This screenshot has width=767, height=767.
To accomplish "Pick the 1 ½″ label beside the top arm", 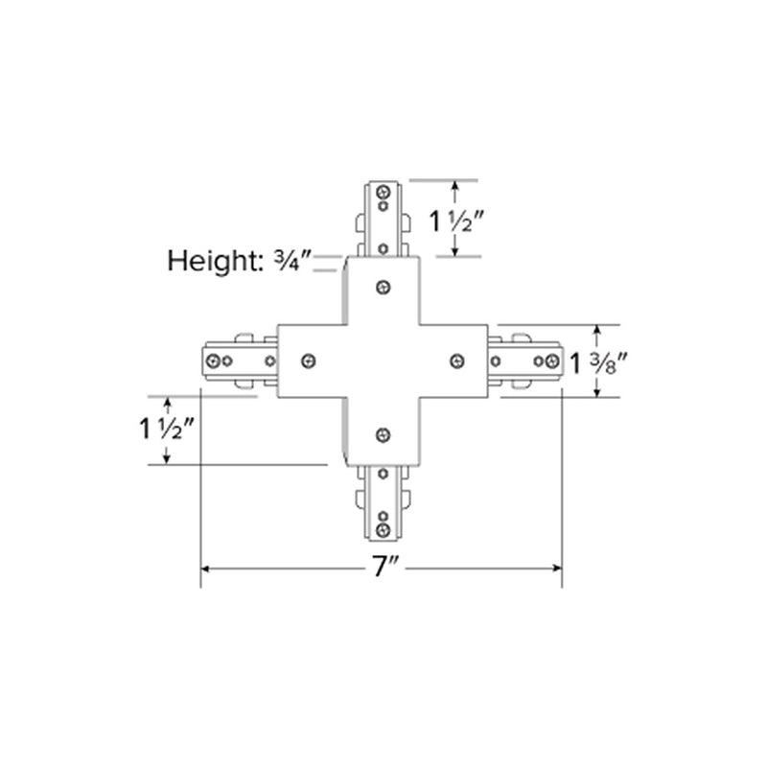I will pos(459,221).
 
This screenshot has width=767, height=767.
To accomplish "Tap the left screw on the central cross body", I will pos(308,360).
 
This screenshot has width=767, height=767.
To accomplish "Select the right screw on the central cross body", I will pos(457,360).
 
